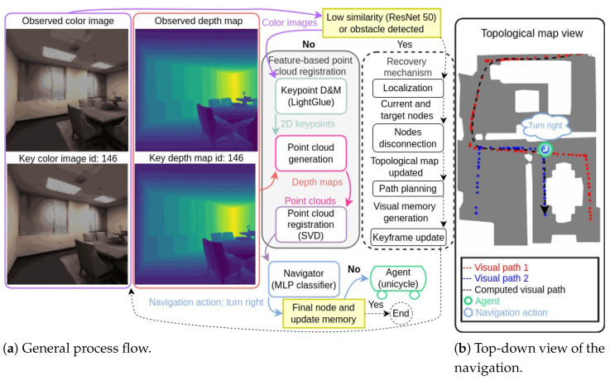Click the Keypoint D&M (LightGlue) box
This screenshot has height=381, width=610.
(310, 96)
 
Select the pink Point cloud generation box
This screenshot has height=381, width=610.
(310, 153)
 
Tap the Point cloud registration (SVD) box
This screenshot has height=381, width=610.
(310, 224)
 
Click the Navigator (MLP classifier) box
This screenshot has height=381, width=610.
(304, 279)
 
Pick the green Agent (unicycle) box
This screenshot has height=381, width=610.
(398, 278)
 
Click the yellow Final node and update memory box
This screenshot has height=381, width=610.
(324, 313)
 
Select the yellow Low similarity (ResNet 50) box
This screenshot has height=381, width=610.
(382, 23)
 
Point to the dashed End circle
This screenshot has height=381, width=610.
(401, 313)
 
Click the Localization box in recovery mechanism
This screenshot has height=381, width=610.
(408, 88)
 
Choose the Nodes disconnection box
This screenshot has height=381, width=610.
(408, 137)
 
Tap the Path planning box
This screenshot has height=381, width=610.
(408, 189)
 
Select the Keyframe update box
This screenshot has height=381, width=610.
(408, 238)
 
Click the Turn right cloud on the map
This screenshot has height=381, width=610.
(545, 126)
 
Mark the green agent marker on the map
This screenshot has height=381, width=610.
(545, 149)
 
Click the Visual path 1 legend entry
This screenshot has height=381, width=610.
(495, 268)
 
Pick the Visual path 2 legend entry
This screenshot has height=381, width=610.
(495, 278)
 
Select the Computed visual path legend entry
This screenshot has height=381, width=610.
(513, 290)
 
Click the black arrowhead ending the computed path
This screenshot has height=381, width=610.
(545, 210)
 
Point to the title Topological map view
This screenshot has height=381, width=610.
(531, 33)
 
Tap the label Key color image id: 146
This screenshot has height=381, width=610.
(68, 158)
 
